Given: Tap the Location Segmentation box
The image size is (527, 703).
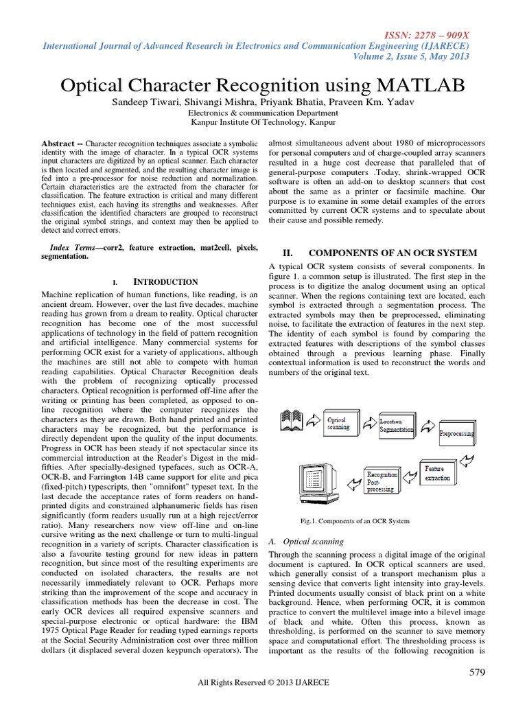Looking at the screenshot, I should coord(397,425).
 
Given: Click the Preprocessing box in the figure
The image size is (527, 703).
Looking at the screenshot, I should coord(456,433).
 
